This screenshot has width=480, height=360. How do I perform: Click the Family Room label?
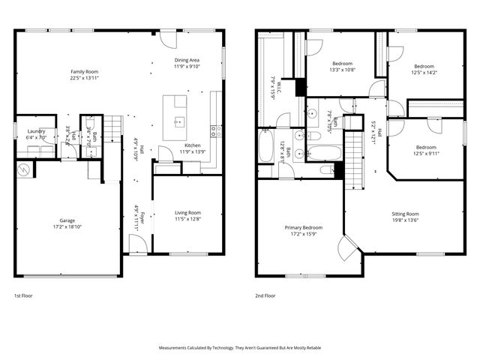click(x=85, y=75)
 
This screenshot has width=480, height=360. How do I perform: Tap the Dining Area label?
click(x=187, y=63)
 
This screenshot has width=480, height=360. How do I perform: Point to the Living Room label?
click(x=187, y=216)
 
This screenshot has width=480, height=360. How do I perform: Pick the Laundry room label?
click(x=36, y=134)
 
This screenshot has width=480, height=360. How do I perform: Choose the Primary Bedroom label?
click(x=303, y=230)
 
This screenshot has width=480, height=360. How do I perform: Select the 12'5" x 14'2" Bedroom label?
click(x=424, y=70)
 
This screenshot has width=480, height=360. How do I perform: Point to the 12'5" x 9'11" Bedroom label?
click(x=426, y=151)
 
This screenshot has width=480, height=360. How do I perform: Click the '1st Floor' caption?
click(x=24, y=295)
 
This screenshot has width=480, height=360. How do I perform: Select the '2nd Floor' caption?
click(x=265, y=295)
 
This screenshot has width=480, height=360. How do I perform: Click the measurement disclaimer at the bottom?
click(x=240, y=348)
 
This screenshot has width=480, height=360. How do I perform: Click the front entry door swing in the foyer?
click(x=136, y=243)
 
